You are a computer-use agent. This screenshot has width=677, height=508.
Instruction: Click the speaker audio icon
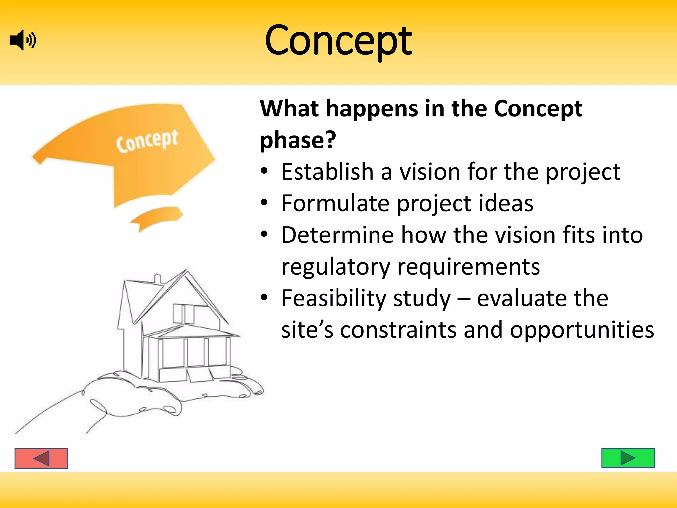(22, 40)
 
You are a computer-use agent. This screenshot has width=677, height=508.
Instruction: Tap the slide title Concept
(338, 41)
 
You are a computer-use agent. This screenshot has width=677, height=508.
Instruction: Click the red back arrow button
(41, 458)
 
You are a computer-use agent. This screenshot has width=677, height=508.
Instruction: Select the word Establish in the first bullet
(327, 172)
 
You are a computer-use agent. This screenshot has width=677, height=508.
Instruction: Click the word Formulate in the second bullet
(335, 203)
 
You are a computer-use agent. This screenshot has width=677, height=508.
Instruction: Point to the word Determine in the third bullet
(337, 235)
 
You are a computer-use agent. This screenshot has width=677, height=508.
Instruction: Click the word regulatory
(336, 267)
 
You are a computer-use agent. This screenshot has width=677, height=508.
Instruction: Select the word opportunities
(581, 330)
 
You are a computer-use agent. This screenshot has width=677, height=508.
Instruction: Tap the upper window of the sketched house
(184, 314)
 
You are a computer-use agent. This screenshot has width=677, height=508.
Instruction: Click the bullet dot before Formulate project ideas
(264, 202)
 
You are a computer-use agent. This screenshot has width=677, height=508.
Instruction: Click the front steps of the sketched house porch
(200, 375)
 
